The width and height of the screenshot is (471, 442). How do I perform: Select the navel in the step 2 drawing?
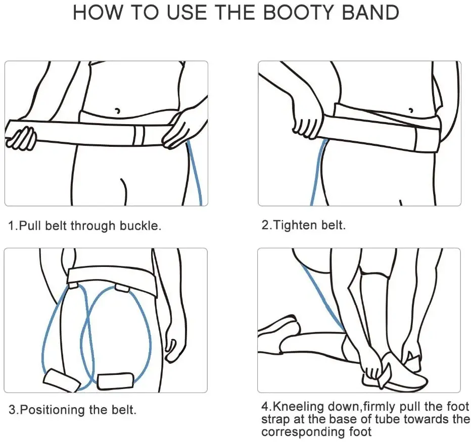click(x=411, y=109)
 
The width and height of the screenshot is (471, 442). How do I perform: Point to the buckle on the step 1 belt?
click(x=139, y=135)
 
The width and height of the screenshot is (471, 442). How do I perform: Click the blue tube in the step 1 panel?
click(x=195, y=174)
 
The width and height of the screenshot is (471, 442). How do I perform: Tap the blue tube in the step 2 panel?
click(x=317, y=172)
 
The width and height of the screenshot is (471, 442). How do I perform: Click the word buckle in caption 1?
click(x=140, y=226)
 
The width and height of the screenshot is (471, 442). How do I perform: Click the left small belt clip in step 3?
click(x=73, y=285)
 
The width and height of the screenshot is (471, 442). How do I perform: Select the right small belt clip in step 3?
click(x=122, y=288)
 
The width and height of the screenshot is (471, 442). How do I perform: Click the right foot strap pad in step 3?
click(x=116, y=380)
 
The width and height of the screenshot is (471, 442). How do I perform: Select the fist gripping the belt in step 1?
click(x=21, y=138)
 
